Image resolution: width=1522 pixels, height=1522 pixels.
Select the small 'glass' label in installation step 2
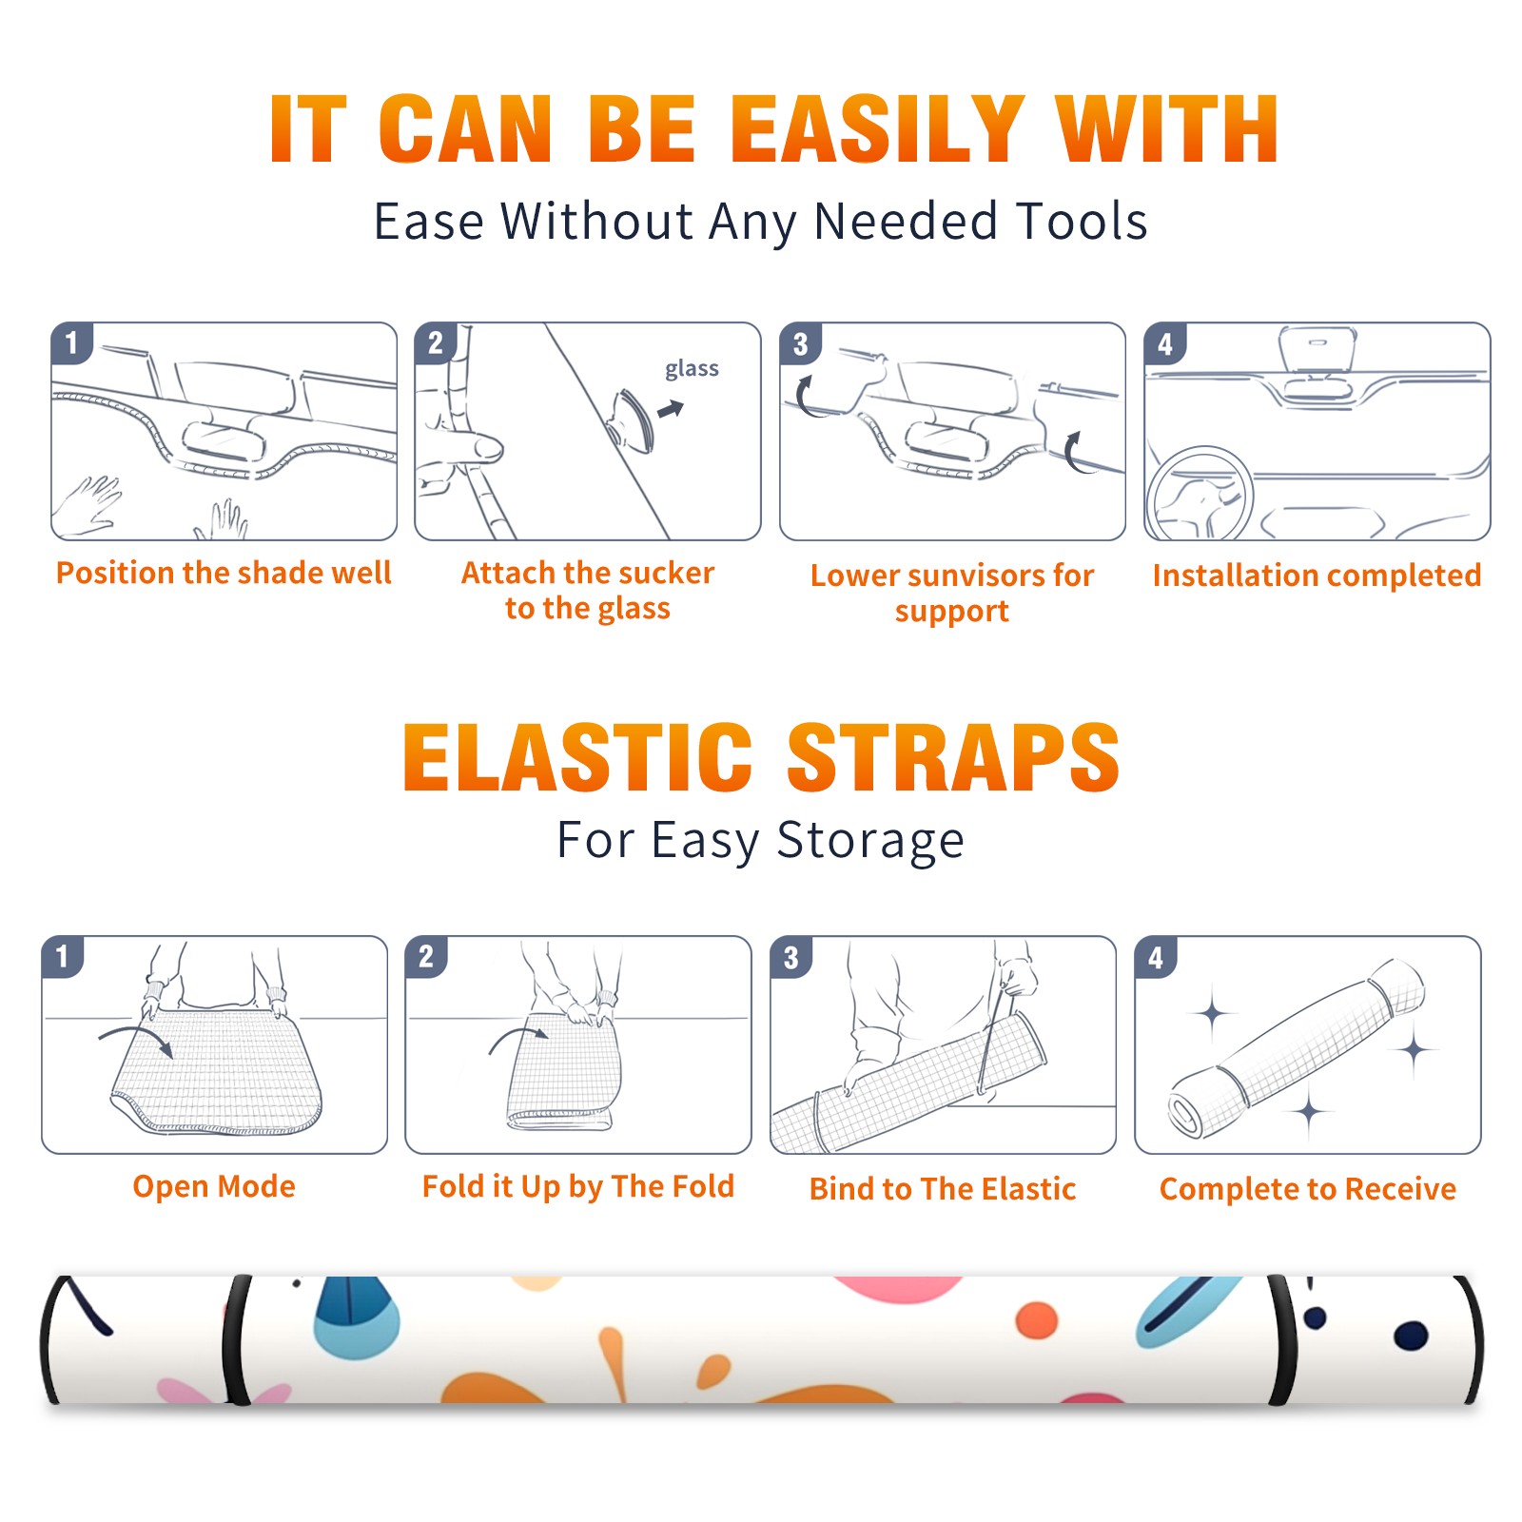pos(692,368)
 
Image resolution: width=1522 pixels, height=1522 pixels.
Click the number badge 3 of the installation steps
pos(800,343)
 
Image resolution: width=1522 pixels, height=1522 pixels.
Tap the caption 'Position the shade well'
pos(224,573)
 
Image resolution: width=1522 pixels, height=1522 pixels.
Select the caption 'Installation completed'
pos(1317,575)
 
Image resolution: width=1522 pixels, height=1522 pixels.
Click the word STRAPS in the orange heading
pos(953,757)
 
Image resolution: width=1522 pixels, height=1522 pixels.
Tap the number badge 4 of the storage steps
pos(1156,957)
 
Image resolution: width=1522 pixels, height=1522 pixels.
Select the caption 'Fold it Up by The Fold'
pos(577,1186)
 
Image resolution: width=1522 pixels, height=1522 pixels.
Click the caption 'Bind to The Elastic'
pos(942,1188)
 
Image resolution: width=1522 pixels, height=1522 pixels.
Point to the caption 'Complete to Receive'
pos(1307,1188)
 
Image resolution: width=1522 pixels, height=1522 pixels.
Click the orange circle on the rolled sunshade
pos(1037,1320)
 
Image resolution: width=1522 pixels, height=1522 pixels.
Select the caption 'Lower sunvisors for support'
pos(951,593)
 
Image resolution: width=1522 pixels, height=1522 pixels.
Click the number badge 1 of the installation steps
pos(71,343)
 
